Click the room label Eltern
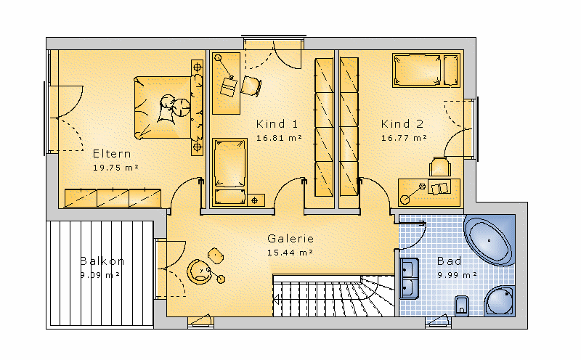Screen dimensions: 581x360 [112, 154]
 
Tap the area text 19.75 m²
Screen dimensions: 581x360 [115, 168]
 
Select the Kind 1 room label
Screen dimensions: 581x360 [277, 123]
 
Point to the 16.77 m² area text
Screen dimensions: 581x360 [404, 138]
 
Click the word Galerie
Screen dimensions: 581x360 [290, 239]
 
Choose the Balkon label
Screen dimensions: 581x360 [102, 261]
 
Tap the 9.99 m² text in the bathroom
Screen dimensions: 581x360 [457, 275]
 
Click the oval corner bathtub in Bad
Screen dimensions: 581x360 [489, 241]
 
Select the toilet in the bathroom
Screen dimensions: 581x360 [461, 306]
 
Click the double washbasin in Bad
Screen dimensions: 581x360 [409, 279]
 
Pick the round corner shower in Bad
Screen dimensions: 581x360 [500, 301]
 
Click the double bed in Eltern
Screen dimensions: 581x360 [168, 107]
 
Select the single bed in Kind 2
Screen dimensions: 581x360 [426, 70]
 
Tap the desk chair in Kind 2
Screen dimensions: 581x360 [440, 167]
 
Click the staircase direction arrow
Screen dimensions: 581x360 [276, 298]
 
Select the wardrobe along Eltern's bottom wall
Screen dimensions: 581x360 [113, 198]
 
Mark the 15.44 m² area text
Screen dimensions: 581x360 [290, 253]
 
